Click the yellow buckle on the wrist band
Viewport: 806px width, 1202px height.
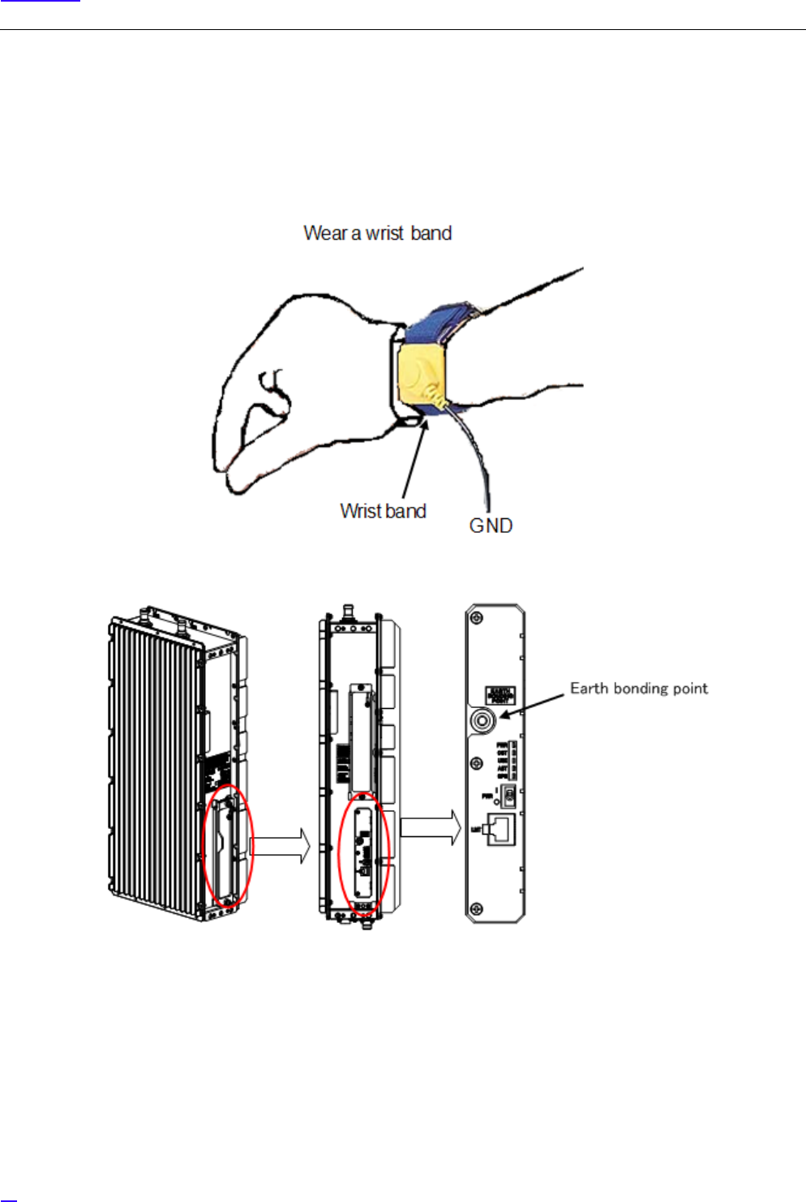422,376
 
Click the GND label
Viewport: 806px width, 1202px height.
491,526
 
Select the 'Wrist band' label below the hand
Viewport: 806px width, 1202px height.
383,511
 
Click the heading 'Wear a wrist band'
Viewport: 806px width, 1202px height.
377,234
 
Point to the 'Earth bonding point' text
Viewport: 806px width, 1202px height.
638,689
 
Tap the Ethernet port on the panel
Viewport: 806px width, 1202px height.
500,829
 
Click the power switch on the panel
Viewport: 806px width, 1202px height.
508,795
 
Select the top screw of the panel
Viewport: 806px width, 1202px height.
478,618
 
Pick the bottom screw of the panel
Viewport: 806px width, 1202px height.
478,908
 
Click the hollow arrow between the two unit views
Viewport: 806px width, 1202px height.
281,846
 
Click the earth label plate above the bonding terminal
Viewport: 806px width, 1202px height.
499,695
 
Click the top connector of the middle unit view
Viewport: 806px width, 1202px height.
349,609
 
